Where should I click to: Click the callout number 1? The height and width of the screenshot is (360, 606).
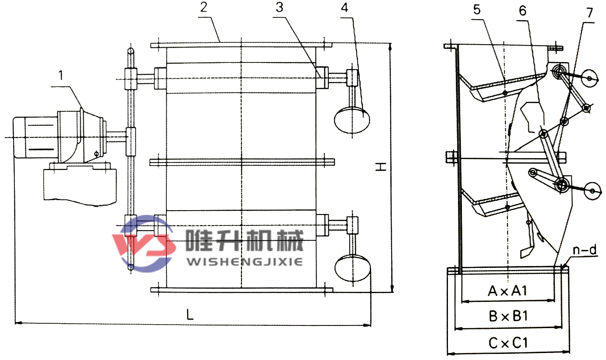coord(61,75)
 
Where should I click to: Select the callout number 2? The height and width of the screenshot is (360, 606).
coord(204,7)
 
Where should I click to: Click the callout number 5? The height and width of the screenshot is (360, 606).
coord(477,10)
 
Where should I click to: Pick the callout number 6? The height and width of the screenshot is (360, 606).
coord(523,11)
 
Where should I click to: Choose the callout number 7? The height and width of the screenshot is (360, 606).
coord(589,13)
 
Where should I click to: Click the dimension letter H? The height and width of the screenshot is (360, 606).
coord(381,167)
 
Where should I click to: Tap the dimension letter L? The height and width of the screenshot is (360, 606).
coord(190,315)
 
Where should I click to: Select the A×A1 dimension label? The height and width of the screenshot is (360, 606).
coord(507,291)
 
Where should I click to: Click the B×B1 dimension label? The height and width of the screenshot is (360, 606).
coord(508,316)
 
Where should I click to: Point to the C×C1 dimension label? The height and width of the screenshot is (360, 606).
coord(508,343)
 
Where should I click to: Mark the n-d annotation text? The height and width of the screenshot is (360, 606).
coord(585,250)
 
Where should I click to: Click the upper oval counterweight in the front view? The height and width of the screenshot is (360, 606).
coord(352,120)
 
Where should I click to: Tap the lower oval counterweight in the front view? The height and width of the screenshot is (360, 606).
coord(352,268)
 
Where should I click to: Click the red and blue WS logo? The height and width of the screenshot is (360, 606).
coord(143,243)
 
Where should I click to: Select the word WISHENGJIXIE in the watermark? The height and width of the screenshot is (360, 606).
coord(245,262)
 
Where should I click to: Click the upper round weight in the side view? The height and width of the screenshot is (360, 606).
coord(589,79)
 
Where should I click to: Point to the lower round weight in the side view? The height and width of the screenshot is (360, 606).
coord(592,191)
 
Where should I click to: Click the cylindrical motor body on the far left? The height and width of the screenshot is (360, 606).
coord(35,137)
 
